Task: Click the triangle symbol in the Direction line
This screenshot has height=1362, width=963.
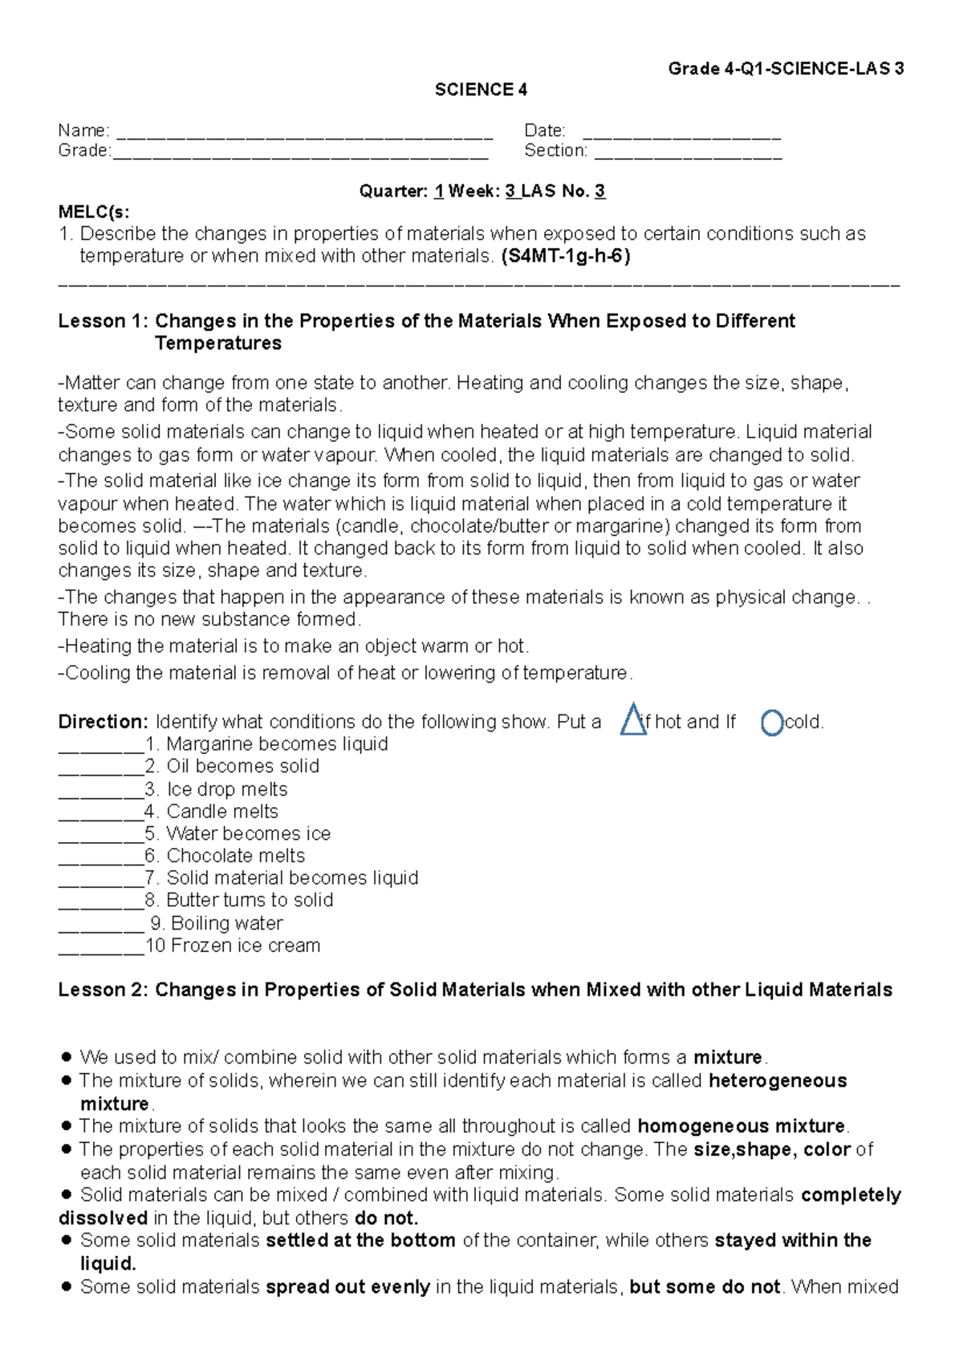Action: coord(633,720)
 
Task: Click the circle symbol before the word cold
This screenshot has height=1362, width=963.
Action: coord(771,723)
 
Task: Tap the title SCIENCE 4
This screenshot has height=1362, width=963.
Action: coord(481,90)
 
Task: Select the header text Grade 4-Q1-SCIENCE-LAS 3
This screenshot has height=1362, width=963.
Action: coord(786,69)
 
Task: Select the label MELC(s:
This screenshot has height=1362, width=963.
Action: coord(93,212)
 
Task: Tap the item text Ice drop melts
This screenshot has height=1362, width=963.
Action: coord(227,789)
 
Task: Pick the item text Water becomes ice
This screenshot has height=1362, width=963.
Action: coord(248,833)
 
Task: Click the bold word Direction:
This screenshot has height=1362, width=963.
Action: coord(103,722)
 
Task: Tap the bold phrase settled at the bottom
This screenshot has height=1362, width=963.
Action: coord(360,1241)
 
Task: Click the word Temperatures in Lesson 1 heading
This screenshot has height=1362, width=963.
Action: coord(218,343)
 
